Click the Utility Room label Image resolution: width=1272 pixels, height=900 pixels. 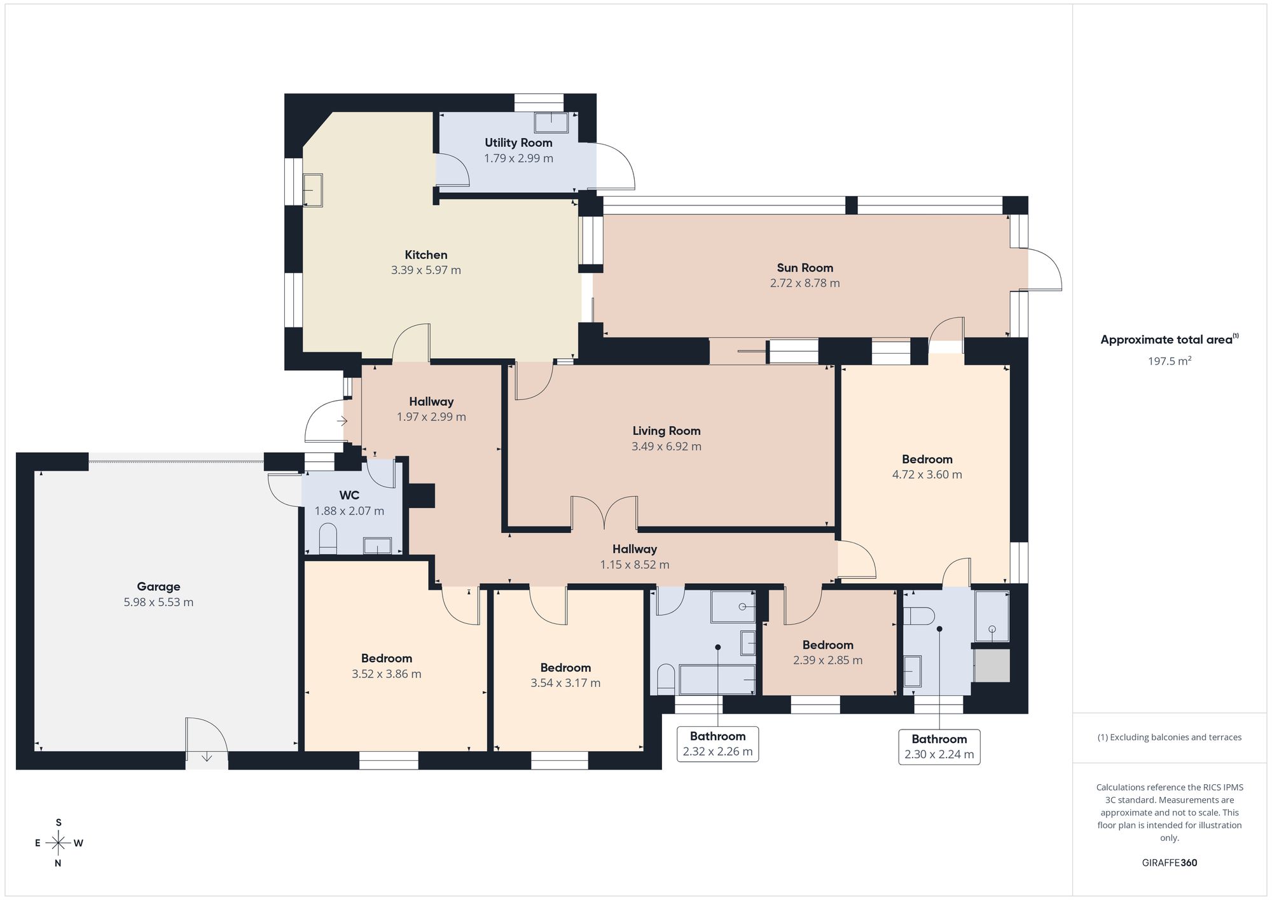[518, 143]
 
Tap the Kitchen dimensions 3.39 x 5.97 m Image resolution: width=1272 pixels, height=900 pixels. [426, 270]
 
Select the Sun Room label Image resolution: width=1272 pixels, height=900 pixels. [805, 268]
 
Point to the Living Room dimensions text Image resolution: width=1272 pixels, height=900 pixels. [667, 447]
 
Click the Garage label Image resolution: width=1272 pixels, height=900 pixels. [158, 587]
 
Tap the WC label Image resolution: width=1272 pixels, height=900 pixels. [349, 495]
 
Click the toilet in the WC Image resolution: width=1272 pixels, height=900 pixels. [328, 538]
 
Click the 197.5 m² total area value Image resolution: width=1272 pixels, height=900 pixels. [1170, 361]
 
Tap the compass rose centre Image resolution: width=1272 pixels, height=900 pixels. [59, 843]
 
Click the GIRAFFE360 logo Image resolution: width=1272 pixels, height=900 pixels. [1170, 863]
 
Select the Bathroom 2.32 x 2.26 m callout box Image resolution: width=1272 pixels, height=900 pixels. [717, 744]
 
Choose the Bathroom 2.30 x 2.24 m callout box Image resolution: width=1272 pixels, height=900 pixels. [939, 747]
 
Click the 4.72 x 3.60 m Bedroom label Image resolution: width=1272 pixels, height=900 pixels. [927, 459]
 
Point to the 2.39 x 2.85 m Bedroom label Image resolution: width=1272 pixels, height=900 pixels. [828, 645]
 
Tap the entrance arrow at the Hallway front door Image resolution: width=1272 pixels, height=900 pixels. [342, 421]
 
